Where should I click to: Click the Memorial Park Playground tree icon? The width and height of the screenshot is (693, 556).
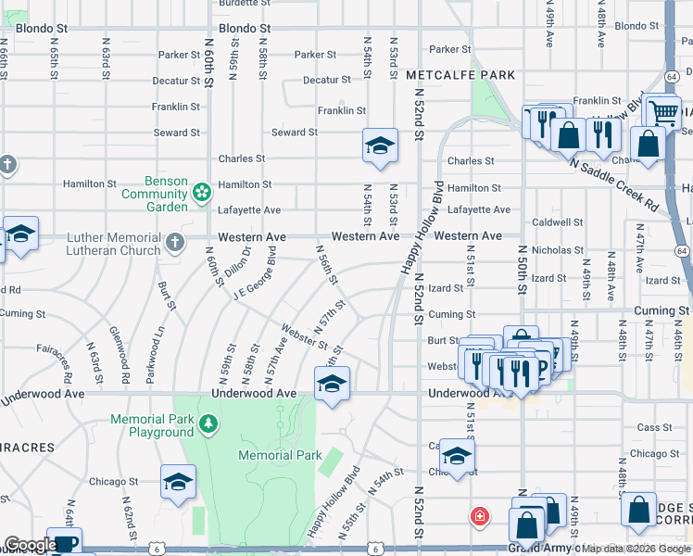(x=209, y=424)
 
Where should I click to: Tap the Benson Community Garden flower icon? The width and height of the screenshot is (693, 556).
(x=200, y=193)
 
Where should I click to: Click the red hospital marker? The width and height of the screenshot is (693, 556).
(x=479, y=516)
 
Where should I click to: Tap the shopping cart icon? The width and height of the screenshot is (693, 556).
(x=662, y=112)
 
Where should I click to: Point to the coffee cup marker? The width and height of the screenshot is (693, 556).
(x=64, y=543)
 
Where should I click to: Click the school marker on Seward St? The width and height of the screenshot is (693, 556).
(x=379, y=146)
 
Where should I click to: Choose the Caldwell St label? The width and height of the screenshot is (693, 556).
(x=556, y=223)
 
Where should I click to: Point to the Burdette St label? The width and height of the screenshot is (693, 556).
(x=245, y=4)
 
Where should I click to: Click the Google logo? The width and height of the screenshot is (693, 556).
(x=30, y=545)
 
